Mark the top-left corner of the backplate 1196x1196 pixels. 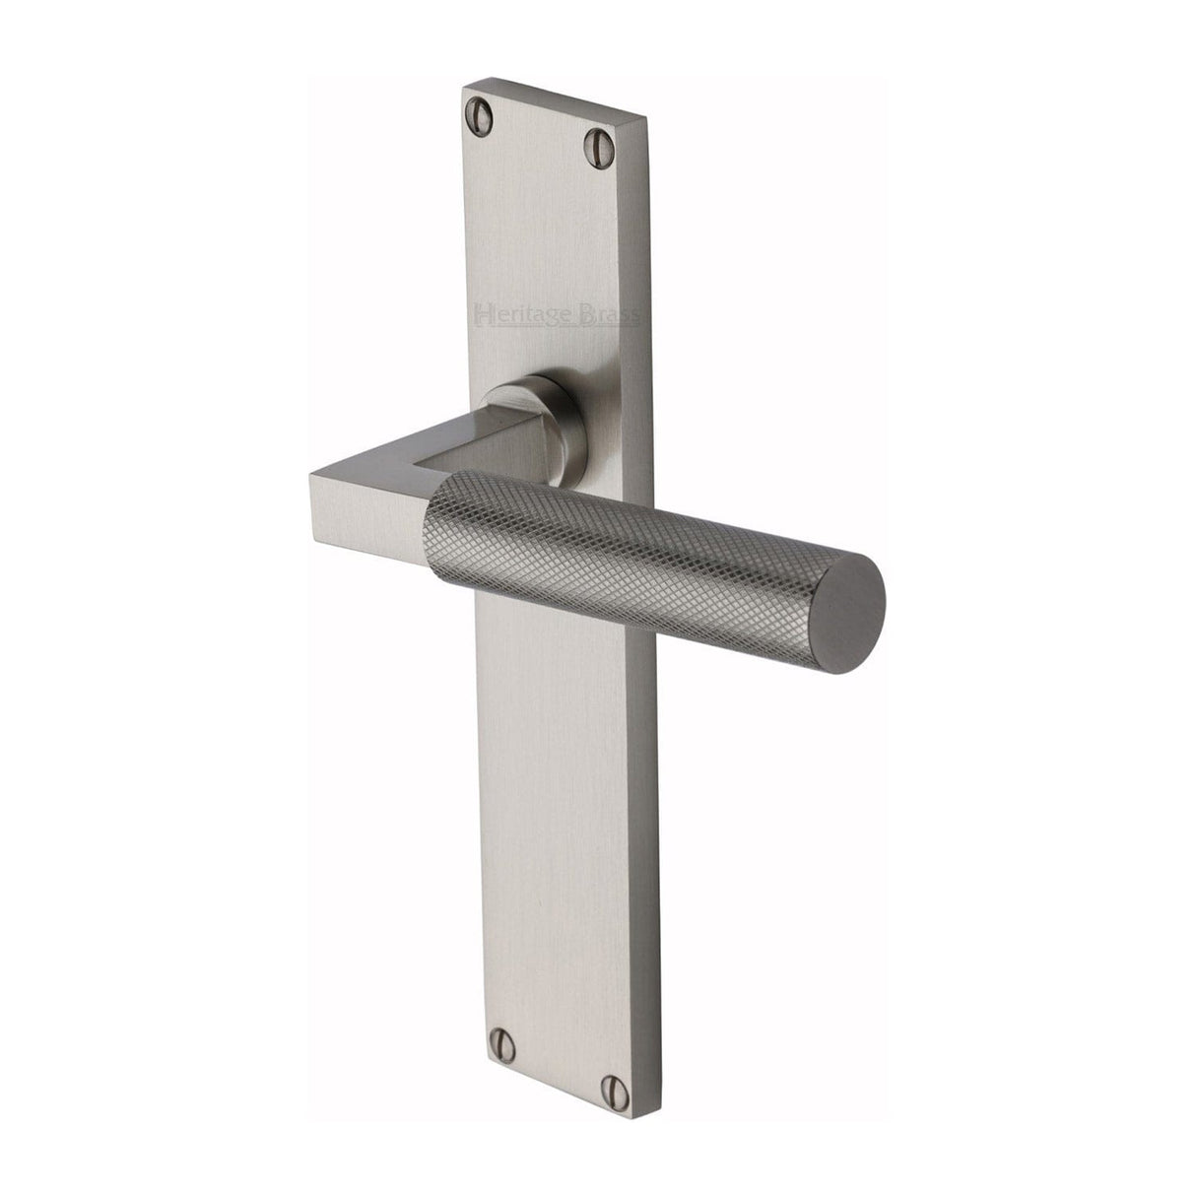[464, 86]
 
